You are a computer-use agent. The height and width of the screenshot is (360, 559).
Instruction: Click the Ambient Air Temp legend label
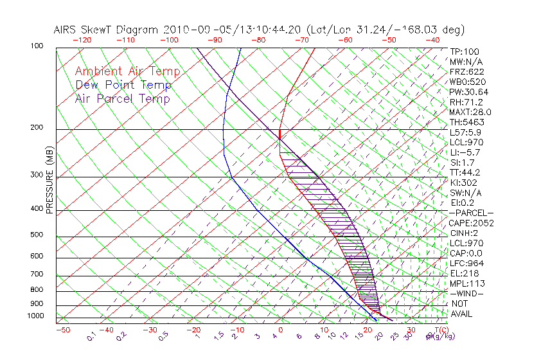point(127,71)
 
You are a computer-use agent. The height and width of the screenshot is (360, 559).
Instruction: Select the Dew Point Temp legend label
point(123,85)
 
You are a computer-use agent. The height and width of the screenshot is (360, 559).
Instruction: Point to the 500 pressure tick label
point(37,235)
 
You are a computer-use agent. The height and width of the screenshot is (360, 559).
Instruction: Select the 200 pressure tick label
point(37,128)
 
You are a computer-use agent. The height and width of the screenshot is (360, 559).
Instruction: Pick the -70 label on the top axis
point(301,40)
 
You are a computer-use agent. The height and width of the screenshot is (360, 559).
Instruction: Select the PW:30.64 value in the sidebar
point(469,92)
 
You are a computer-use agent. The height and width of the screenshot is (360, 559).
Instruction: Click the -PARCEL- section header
point(471,213)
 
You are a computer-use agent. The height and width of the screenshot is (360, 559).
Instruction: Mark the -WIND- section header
point(466,293)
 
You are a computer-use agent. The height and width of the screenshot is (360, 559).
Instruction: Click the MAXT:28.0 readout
point(471,112)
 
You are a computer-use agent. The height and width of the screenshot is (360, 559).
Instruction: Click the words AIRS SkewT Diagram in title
point(107,30)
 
